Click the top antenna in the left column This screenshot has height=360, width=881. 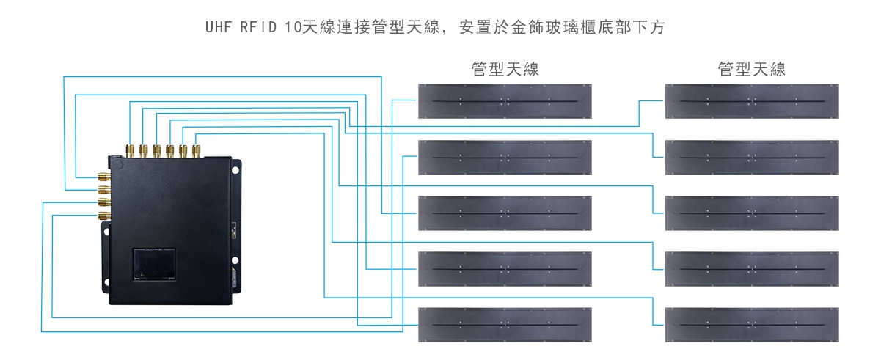click(x=505, y=101)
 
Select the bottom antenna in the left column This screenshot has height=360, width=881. click(x=505, y=325)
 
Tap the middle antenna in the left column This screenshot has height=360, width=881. click(x=505, y=213)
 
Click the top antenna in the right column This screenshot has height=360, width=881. click(x=752, y=101)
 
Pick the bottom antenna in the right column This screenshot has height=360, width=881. click(x=752, y=325)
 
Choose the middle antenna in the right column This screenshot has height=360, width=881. click(x=752, y=213)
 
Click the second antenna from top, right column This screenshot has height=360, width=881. click(x=752, y=157)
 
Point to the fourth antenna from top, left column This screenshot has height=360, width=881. click(x=505, y=269)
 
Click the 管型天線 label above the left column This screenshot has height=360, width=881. click(x=505, y=70)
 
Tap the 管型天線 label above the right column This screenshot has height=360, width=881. click(x=752, y=70)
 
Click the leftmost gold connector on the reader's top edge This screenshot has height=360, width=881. click(x=130, y=151)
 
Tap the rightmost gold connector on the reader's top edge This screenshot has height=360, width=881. click(x=196, y=151)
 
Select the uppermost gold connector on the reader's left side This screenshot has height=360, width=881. click(x=103, y=177)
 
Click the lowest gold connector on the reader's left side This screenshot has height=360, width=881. click(x=103, y=216)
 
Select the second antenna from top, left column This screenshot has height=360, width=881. click(x=505, y=157)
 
